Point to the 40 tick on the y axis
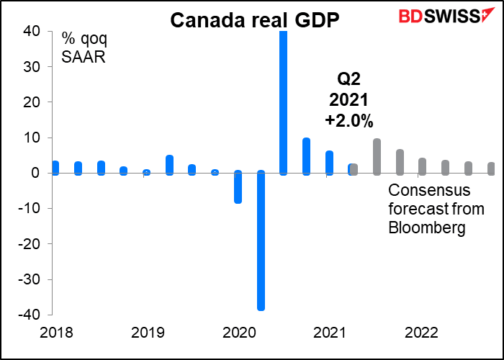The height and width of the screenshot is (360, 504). pos(32,32)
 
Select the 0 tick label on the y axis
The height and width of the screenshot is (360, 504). pos(35,174)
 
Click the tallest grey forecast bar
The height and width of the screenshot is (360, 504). pos(377,156)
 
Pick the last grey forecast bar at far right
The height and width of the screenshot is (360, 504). pos(491,168)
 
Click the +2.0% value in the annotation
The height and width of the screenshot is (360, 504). pos(349,122)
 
